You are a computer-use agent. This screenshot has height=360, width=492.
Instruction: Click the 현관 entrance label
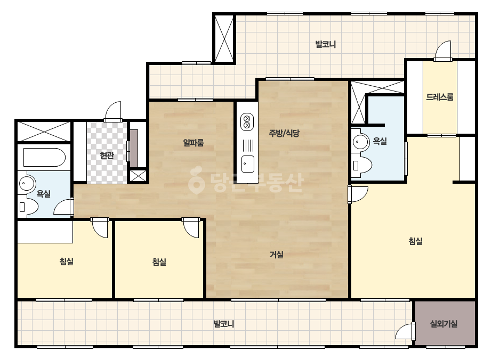pyautogui.click(x=107, y=155)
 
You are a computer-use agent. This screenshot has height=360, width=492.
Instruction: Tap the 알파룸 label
pyautogui.click(x=193, y=143)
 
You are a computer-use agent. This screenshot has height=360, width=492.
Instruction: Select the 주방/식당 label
pyautogui.click(x=284, y=133)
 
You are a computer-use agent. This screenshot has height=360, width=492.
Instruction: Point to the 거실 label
pyautogui.click(x=277, y=255)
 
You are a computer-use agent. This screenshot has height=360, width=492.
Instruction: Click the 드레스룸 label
pyautogui.click(x=440, y=97)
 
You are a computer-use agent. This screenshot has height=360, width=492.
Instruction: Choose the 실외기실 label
pyautogui.click(x=443, y=324)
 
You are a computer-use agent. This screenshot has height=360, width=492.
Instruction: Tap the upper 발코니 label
pyautogui.click(x=326, y=44)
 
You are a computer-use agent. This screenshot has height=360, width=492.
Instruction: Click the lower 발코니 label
pyautogui.click(x=224, y=324)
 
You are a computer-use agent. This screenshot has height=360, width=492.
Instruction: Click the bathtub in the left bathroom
pyautogui.click(x=44, y=158)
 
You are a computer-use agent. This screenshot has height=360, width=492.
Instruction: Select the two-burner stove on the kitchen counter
pyautogui.click(x=247, y=122)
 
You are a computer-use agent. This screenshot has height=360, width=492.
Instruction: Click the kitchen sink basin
pyautogui.click(x=247, y=164)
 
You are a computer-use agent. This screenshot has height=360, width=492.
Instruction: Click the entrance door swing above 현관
pyautogui.click(x=113, y=111)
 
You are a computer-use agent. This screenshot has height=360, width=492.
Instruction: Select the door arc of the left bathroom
pyautogui.click(x=63, y=207)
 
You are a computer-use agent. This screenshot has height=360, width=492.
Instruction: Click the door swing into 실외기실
pyautogui.click(x=405, y=331)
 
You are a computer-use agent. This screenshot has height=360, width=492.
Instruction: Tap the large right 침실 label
pyautogui.click(x=415, y=241)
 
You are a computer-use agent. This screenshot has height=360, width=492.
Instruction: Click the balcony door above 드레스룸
pyautogui.click(x=443, y=50)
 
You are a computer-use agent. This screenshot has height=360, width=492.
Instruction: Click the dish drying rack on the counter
pyautogui.click(x=248, y=145)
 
